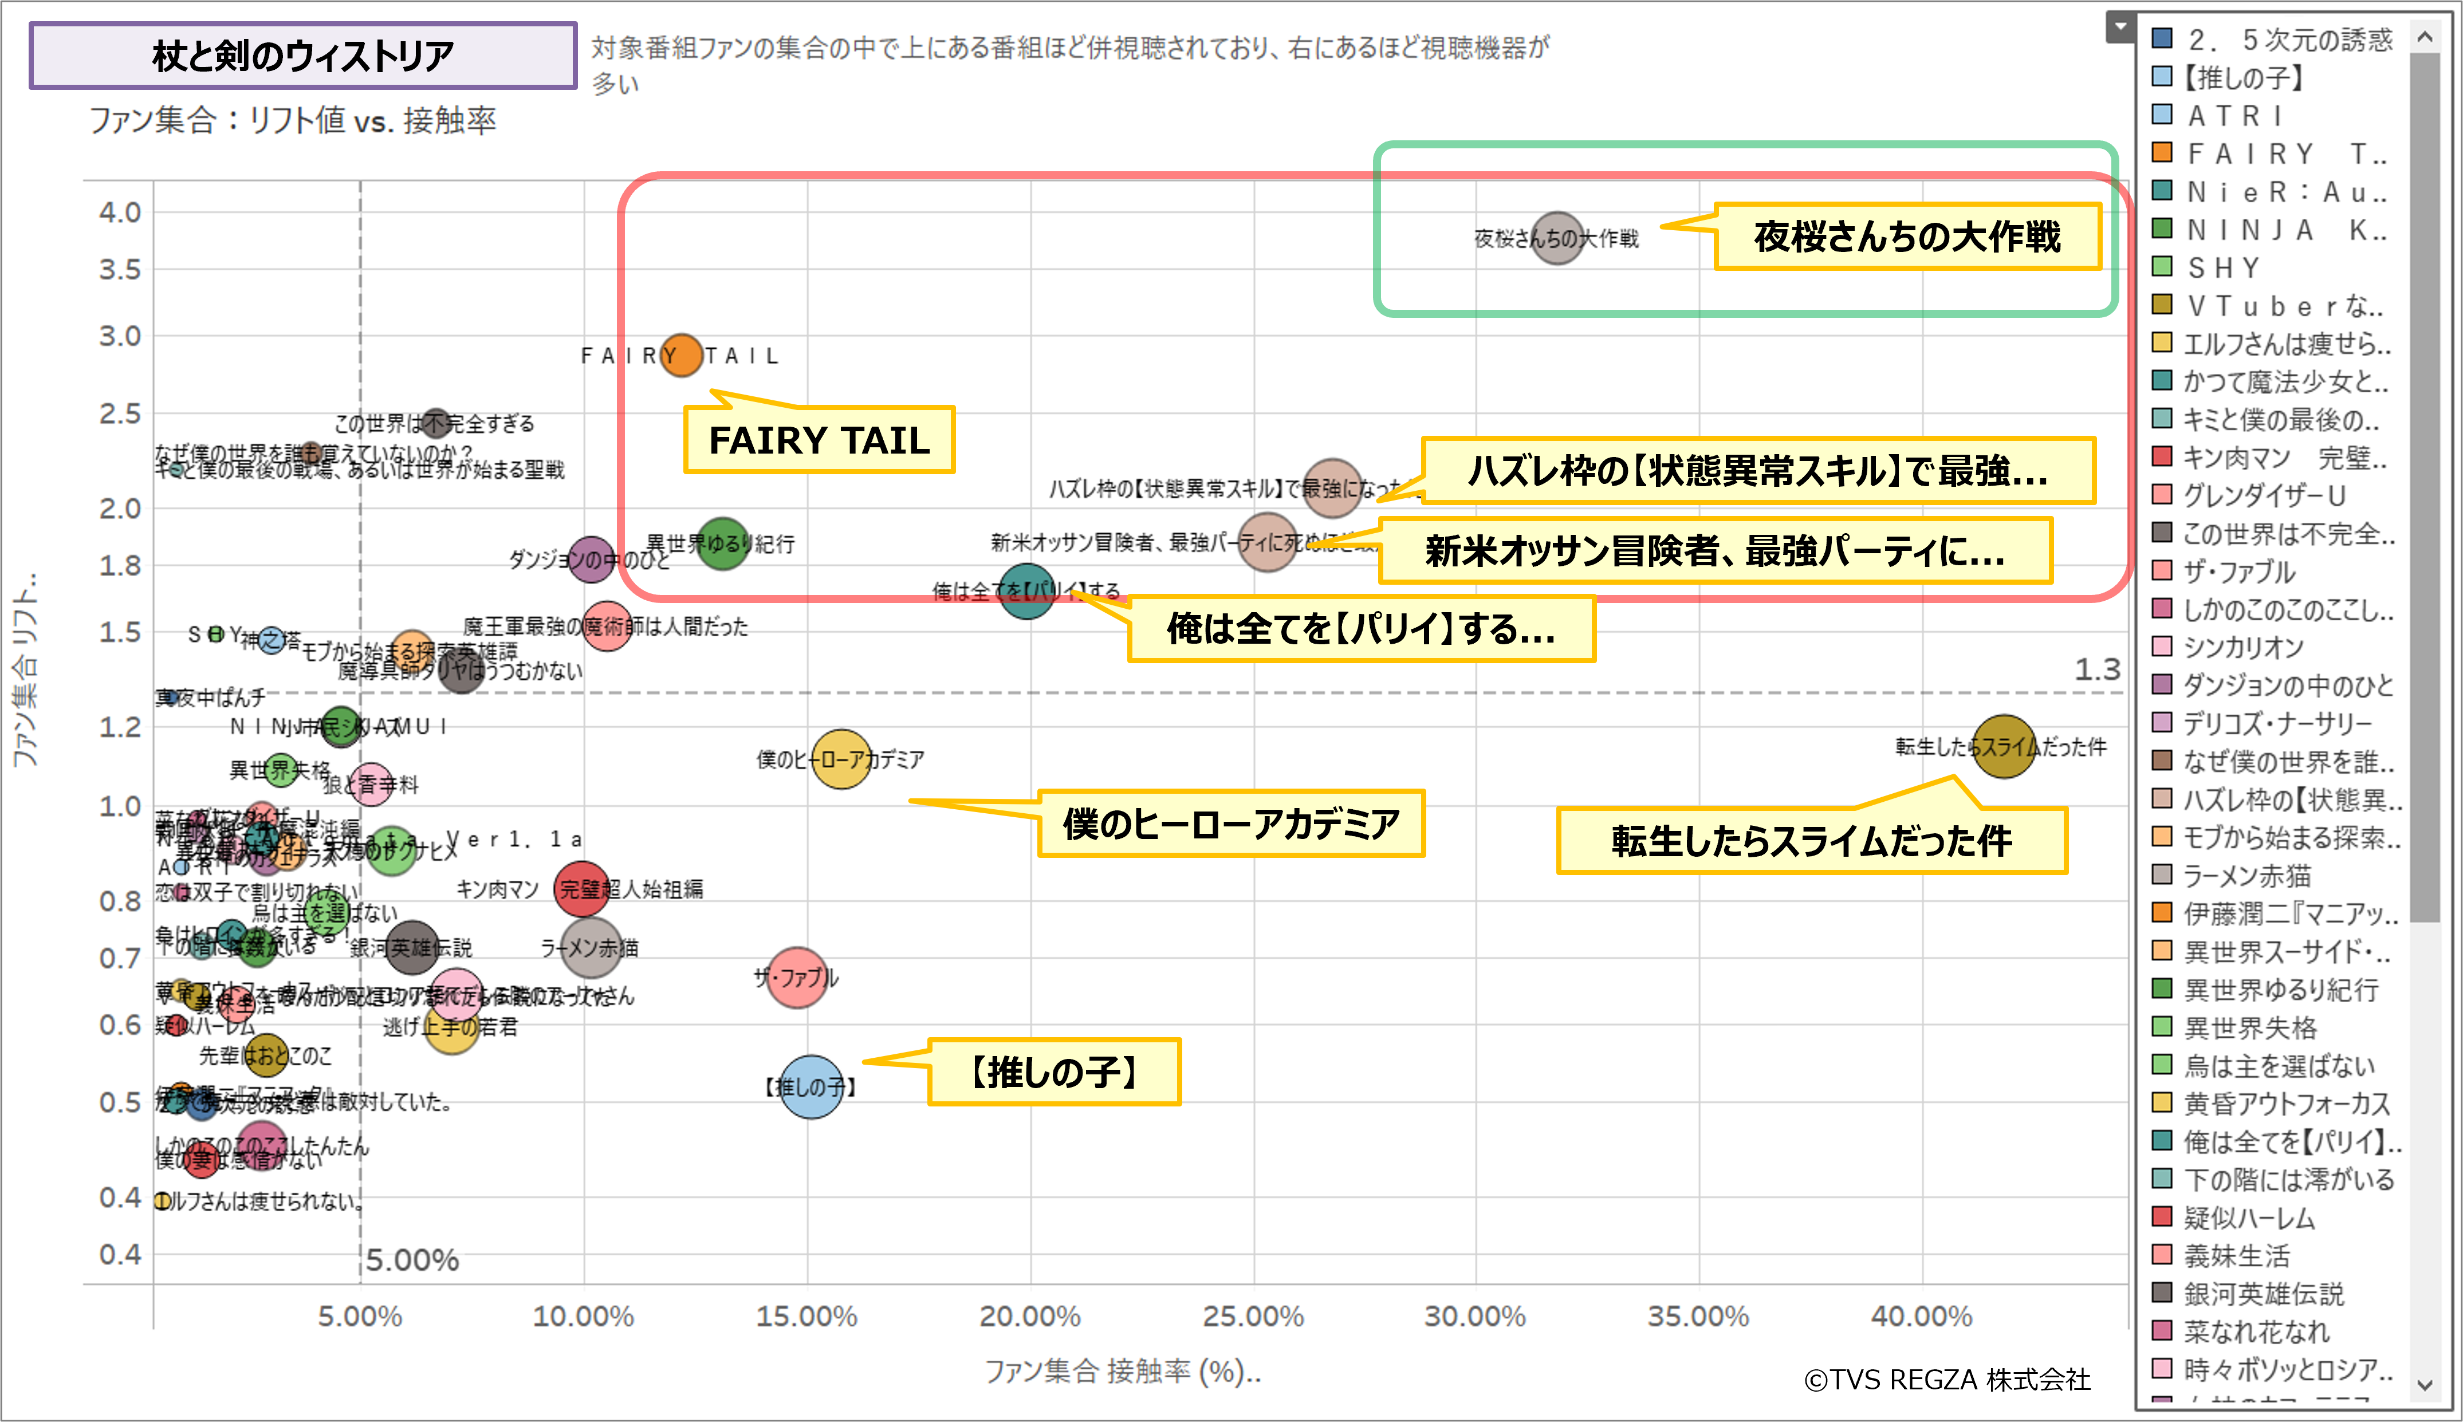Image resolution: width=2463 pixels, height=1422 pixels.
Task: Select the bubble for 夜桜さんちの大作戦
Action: coord(1557,238)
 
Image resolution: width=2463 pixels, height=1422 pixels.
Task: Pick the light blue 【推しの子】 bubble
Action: coord(810,1086)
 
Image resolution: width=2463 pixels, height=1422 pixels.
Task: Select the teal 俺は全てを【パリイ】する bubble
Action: coord(1026,591)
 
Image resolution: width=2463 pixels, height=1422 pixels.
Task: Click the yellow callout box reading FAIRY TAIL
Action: coord(819,440)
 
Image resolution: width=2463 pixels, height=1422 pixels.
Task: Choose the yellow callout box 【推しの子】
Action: coord(1054,1072)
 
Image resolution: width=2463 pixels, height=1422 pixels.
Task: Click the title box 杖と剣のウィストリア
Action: coord(303,56)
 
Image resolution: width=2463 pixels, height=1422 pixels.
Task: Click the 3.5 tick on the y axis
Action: coord(120,270)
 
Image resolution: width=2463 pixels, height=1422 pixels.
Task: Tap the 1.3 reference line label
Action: coord(2097,670)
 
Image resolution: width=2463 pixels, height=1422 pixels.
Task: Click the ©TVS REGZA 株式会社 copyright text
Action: coord(1947,1379)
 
